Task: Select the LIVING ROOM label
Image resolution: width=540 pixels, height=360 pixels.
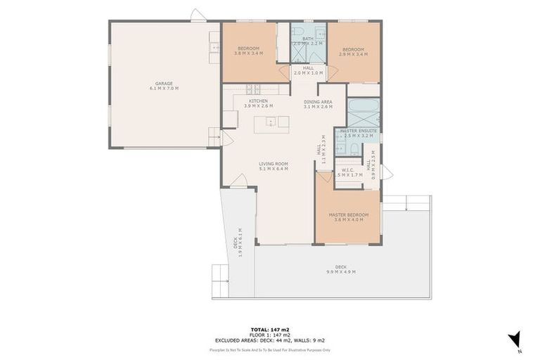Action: click(274, 167)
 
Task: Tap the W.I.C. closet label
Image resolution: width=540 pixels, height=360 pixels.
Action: click(347, 172)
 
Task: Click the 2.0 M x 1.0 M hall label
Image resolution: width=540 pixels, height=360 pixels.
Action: click(308, 70)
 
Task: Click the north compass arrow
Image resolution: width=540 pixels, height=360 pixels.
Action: click(515, 339)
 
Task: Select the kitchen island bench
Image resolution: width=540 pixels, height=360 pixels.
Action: click(271, 122)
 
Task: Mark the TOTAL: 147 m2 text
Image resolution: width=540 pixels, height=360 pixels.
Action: click(270, 329)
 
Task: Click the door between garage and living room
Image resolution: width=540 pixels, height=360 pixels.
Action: click(226, 138)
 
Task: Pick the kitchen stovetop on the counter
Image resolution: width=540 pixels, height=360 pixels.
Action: click(253, 89)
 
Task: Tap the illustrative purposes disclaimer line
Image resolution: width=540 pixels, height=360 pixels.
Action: click(270, 349)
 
